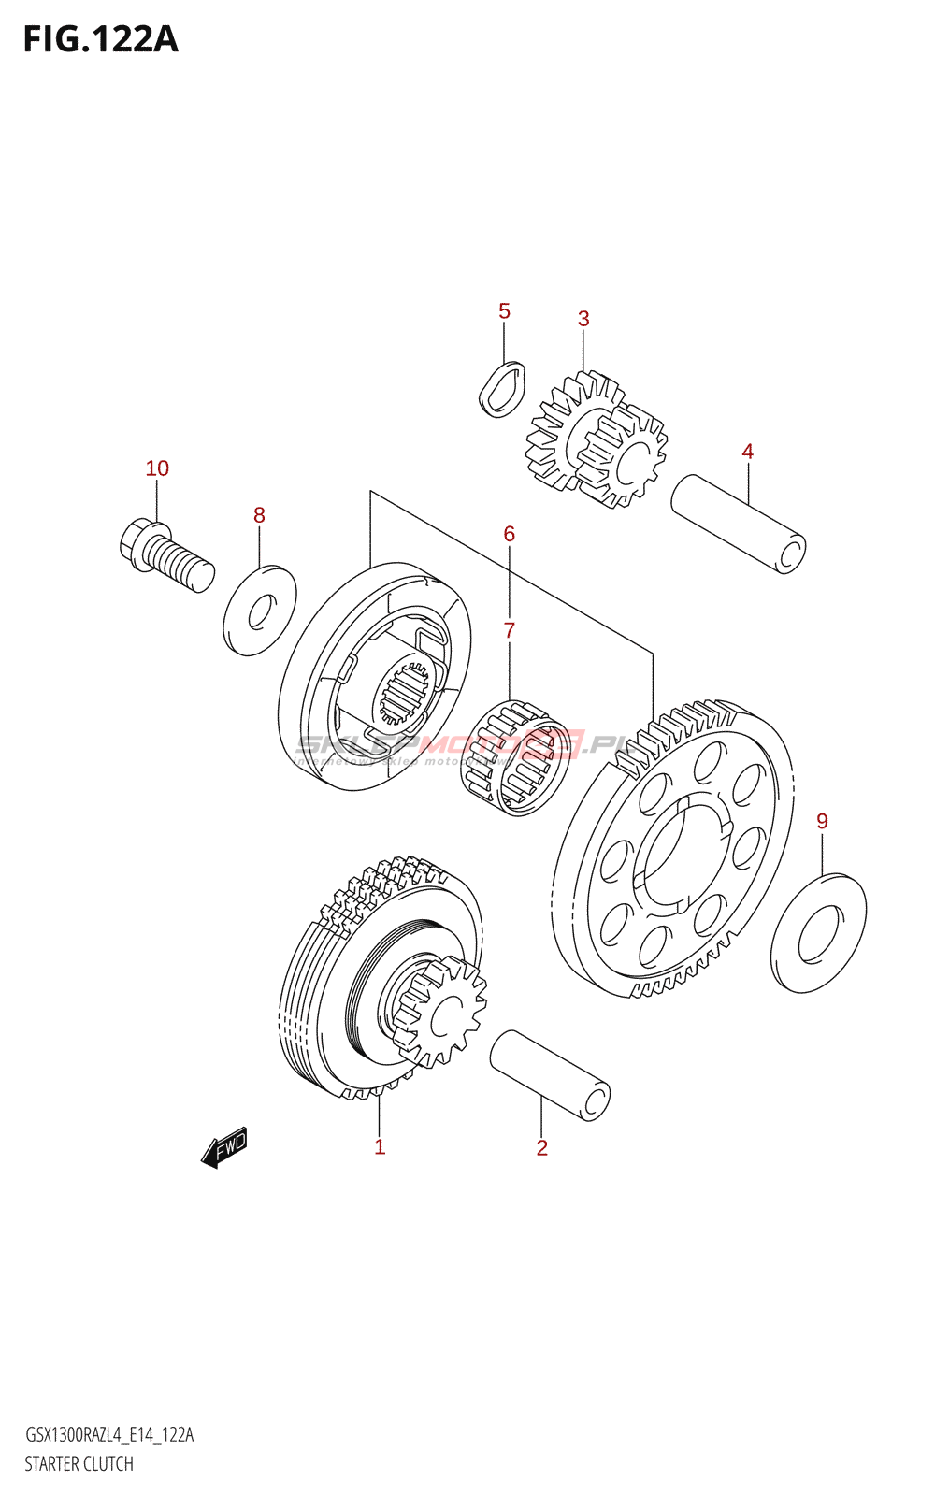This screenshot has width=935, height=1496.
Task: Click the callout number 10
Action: point(157,468)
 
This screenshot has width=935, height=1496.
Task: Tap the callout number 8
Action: point(259,515)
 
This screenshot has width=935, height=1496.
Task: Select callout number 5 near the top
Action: point(504,311)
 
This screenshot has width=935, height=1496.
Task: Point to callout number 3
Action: point(583,319)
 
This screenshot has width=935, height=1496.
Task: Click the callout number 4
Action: point(747,452)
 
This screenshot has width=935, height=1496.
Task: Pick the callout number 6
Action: point(509,534)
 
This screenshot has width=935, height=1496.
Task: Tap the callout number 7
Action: point(509,631)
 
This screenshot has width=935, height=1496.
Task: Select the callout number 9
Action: point(822,821)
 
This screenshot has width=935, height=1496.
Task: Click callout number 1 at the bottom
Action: point(380,1147)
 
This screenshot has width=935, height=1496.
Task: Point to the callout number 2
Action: point(541,1148)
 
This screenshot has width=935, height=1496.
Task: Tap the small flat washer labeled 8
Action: point(260,611)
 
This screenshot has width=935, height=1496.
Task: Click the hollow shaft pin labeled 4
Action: point(738,523)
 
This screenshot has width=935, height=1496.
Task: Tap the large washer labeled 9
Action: point(818,933)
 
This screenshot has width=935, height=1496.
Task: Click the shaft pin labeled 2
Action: point(550,1074)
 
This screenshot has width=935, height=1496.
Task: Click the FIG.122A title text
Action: point(101,39)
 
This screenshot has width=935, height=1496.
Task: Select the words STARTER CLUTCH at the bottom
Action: point(79,1464)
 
